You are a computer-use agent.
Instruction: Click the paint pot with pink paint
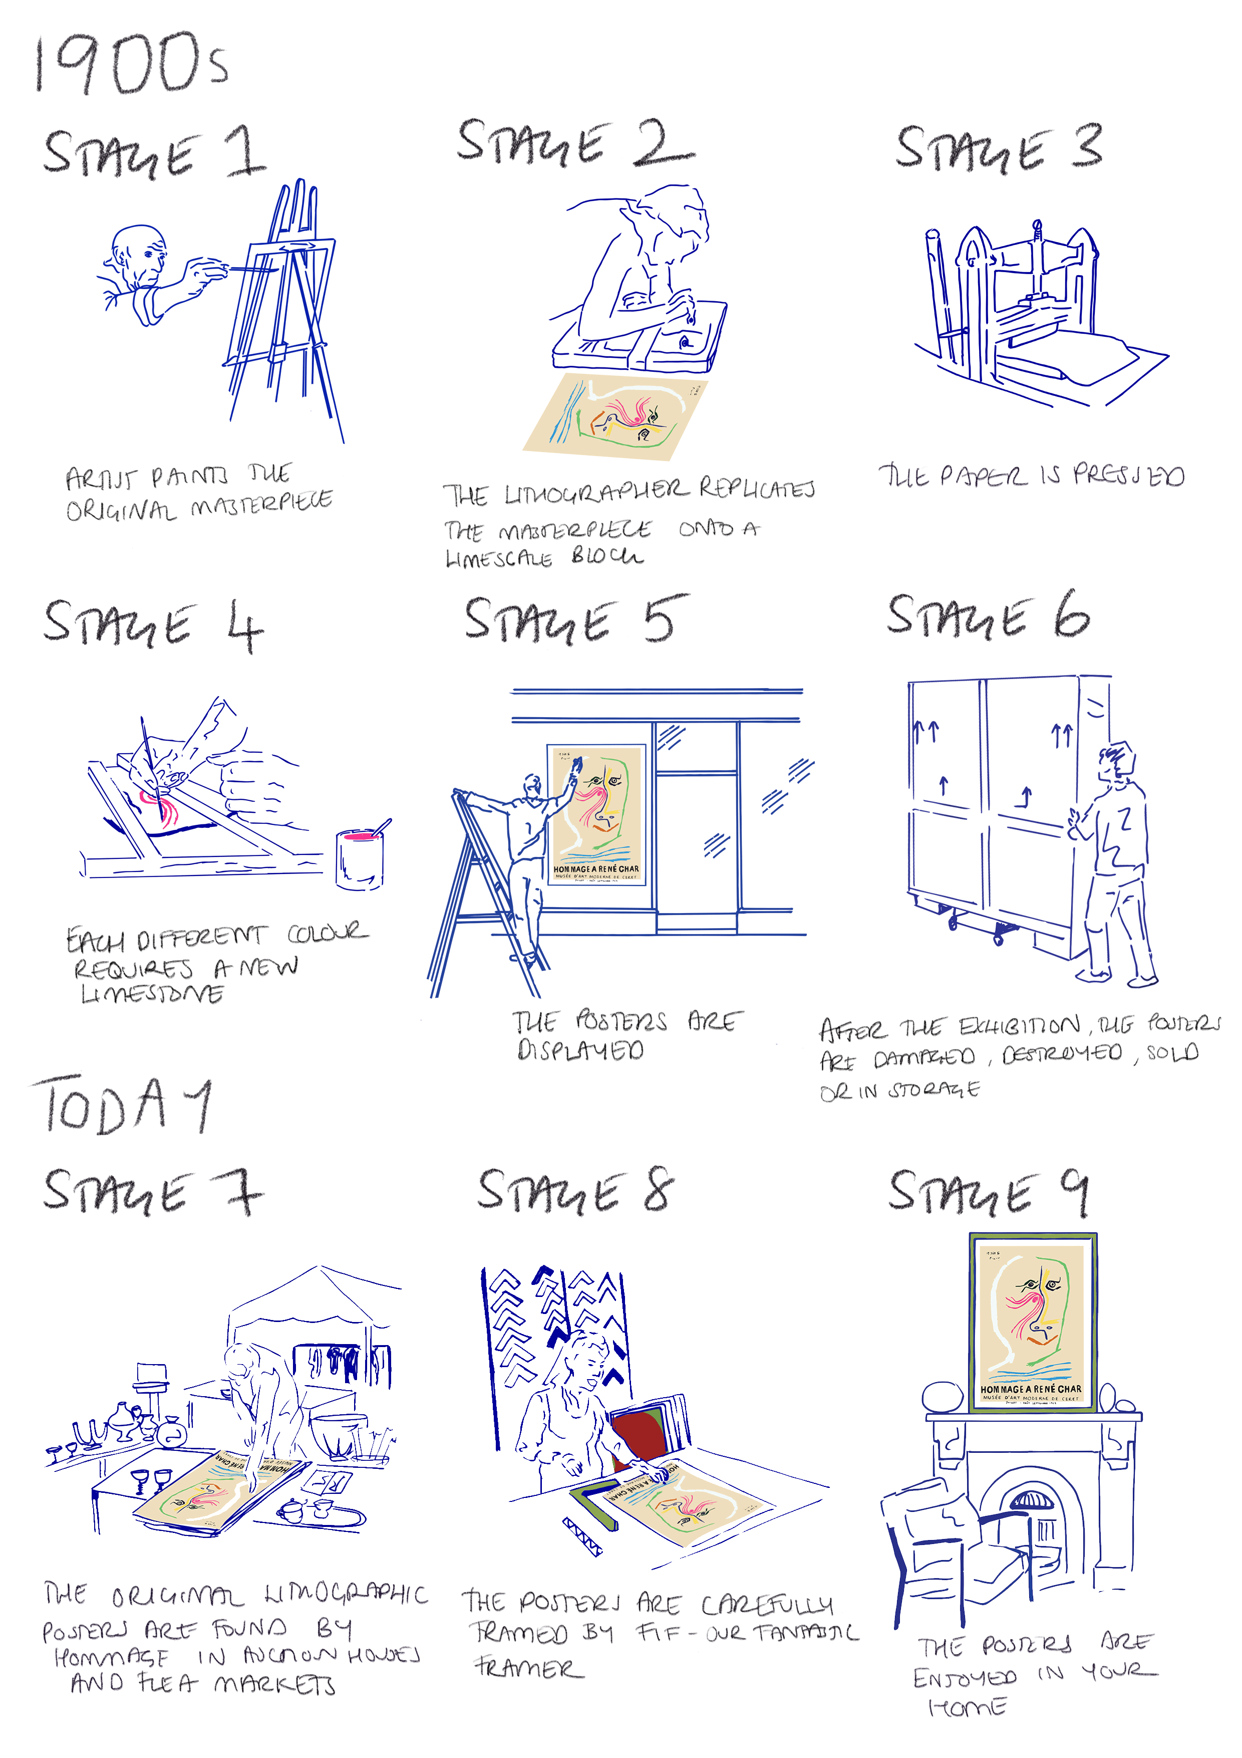(x=360, y=857)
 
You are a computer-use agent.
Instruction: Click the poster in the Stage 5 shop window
(x=597, y=815)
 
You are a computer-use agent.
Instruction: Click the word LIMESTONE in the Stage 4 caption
(x=153, y=994)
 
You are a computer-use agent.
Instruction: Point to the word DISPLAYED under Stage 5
(x=580, y=1050)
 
